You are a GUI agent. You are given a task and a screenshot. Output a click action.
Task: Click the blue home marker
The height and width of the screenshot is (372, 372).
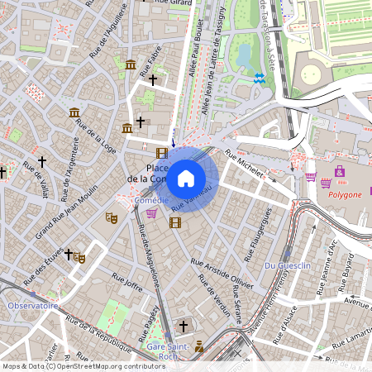[186, 178]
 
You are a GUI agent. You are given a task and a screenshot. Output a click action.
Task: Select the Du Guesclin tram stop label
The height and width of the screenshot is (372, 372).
[287, 265]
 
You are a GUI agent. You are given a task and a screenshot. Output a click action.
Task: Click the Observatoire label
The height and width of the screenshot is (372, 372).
[33, 305]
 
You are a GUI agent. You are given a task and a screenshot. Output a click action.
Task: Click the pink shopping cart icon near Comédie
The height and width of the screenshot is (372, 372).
[151, 213]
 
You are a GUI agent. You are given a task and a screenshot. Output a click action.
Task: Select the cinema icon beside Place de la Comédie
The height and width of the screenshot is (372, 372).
[161, 152]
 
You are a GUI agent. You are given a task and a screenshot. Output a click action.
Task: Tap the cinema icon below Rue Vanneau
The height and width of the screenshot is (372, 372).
[174, 222]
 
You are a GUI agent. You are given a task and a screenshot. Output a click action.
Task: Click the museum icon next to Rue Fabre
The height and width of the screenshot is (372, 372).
[131, 64]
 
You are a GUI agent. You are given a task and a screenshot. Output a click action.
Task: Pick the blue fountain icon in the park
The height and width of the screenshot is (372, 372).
[260, 78]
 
